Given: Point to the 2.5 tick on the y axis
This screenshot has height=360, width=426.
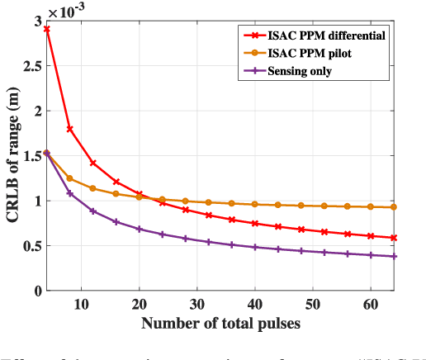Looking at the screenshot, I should [34, 65].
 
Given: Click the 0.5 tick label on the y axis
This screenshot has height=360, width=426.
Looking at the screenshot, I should [34, 245].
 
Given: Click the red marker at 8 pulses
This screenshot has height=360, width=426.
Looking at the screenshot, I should [70, 129].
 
